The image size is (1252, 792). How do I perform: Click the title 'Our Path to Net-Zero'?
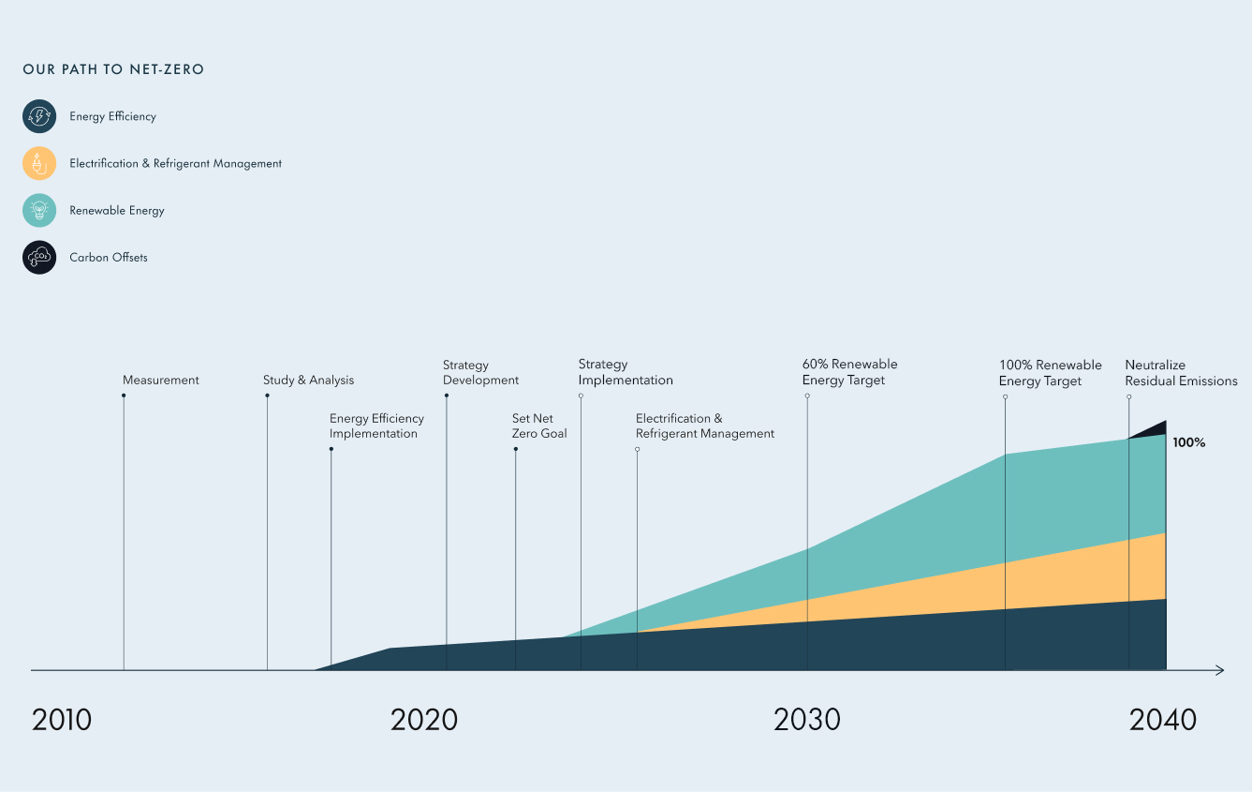(113, 69)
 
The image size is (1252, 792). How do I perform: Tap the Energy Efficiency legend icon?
(39, 116)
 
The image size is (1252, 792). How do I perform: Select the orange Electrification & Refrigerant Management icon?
(39, 163)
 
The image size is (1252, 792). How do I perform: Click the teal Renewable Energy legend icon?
(39, 210)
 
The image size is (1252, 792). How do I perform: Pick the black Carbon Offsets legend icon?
(39, 257)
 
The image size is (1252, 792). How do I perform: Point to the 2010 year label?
(62, 720)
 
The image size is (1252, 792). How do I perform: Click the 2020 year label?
(424, 720)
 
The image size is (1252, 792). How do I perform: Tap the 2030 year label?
(807, 720)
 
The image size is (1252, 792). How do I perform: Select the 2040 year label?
(1163, 720)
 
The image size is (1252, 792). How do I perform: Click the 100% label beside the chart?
(1189, 442)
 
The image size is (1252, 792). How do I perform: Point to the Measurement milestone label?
(161, 381)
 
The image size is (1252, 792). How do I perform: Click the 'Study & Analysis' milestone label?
(309, 381)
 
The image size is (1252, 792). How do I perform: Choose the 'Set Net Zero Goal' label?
(539, 426)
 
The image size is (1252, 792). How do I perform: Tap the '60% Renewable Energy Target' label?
(849, 372)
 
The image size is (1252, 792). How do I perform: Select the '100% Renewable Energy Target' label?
(1050, 373)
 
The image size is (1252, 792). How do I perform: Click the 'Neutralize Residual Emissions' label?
(1181, 373)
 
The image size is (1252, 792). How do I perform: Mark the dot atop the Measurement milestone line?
(124, 396)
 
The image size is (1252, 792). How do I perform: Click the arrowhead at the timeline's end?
(1220, 670)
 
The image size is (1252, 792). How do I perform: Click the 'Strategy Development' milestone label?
(480, 373)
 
